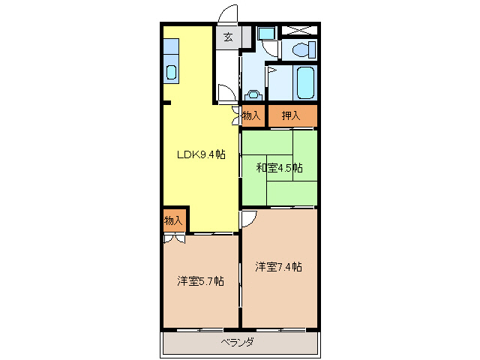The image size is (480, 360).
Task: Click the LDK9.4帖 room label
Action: pos(200,155)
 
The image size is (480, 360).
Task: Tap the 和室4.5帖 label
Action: pos(279,167)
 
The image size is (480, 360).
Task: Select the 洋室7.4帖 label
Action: pos(278,266)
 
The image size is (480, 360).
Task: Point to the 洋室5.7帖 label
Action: pos(200,281)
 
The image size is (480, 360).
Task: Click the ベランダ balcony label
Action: pos(237,342)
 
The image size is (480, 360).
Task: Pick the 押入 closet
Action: pos(292,115)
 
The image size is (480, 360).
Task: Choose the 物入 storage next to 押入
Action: pos(252,115)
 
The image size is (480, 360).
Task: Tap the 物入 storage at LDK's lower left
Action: pos(173,220)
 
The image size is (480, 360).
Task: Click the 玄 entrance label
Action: pos(227,37)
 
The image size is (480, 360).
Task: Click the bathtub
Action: pos(305,82)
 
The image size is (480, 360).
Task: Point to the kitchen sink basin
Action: pos(171,73)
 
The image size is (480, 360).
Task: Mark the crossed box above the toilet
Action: pos(298,31)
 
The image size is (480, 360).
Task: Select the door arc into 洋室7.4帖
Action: pos(248,217)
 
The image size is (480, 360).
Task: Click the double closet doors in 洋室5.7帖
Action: pos(174,238)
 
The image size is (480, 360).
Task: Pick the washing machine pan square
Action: pos(265,34)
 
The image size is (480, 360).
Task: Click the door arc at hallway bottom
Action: pos(225,93)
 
